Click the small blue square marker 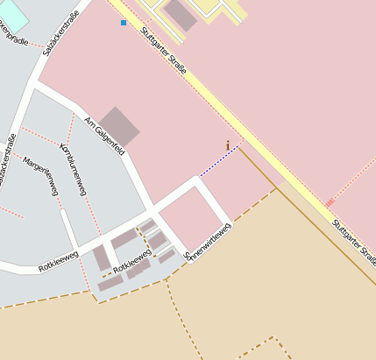tap(124, 23)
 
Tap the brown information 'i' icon tap(228, 145)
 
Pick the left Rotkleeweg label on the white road tap(59, 259)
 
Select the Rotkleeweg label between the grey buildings tap(132, 259)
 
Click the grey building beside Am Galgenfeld tap(117, 127)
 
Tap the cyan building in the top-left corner tap(13, 16)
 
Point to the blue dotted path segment tap(218, 162)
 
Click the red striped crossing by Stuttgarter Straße tap(330, 203)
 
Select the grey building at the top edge tap(181, 13)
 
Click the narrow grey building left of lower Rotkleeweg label tap(102, 258)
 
